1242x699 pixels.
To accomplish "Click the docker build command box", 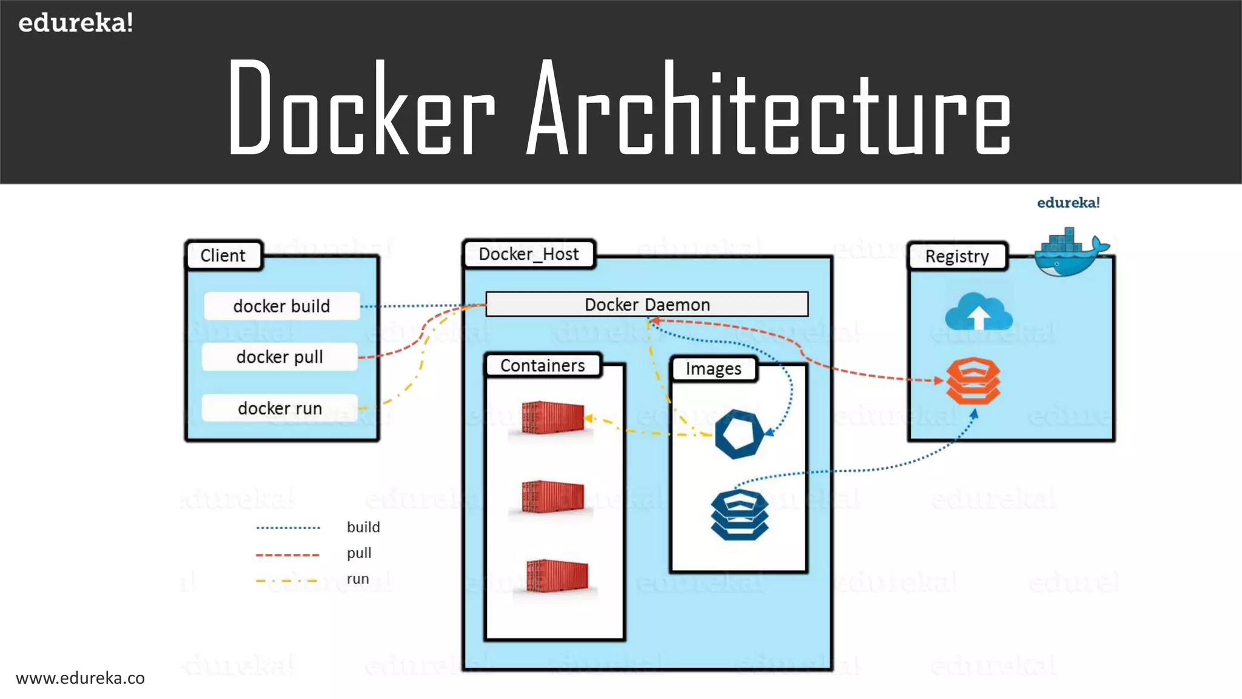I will (281, 306).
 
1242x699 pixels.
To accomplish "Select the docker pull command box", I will (280, 357).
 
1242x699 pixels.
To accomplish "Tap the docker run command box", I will (280, 408).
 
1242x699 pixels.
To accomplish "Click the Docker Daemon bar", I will (646, 305).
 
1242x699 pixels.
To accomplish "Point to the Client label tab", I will (223, 255).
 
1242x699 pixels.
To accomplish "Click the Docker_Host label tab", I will (528, 254).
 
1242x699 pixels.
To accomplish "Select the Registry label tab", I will (957, 257).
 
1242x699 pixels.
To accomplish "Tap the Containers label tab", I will (542, 366).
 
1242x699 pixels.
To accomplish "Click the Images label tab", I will (713, 369).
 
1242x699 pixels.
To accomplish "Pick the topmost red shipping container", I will (552, 417).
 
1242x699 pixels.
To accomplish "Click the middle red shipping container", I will (552, 497).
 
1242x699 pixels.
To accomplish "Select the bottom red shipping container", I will (557, 576).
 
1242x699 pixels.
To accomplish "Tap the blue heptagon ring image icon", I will (738, 434).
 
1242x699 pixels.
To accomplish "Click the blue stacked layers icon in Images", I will (739, 515).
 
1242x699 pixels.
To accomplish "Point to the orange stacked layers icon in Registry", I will (973, 381).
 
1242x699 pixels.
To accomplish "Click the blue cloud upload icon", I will (978, 312).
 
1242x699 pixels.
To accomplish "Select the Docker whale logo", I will (1069, 252).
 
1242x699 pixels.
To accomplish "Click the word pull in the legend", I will (359, 553).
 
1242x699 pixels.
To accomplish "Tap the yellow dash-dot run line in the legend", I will (287, 581).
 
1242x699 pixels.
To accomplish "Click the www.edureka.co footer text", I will (80, 678).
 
